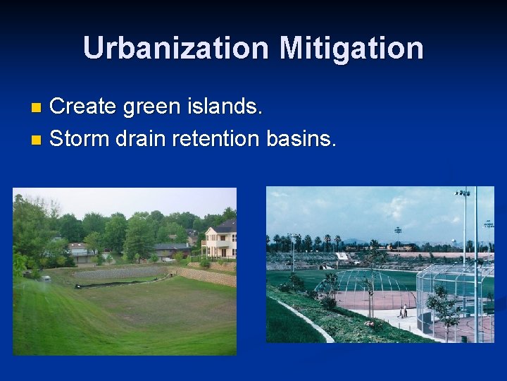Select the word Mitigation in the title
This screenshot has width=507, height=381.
click(351, 48)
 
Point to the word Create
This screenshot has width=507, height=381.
click(84, 107)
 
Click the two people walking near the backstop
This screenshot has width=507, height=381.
click(403, 311)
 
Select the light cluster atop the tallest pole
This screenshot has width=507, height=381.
click(463, 192)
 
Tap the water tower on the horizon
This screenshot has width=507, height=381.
click(399, 230)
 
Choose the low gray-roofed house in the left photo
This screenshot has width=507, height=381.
click(172, 249)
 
